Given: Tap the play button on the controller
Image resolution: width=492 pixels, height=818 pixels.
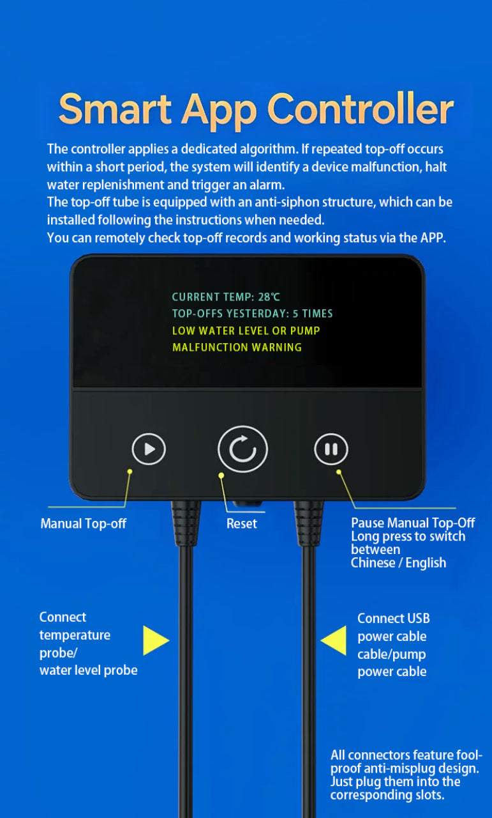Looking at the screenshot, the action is point(149,449).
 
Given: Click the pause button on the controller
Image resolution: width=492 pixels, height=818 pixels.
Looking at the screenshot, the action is point(331,449).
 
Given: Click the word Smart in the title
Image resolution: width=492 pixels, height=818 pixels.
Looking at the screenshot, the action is point(115,109).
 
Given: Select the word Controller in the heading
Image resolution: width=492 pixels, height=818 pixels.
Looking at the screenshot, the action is point(361,109).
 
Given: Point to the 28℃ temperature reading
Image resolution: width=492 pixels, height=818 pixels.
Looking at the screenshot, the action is point(269,297).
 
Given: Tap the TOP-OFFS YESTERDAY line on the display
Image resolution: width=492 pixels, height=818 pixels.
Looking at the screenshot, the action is point(253,314).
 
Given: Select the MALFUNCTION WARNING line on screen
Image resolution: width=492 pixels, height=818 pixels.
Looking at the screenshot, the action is point(237,347).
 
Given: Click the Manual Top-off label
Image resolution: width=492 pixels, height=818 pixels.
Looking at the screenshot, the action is point(83,523).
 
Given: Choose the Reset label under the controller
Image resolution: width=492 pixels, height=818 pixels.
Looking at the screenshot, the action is point(241,523).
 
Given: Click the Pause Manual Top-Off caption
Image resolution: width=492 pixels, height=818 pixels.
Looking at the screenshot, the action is point(413,523).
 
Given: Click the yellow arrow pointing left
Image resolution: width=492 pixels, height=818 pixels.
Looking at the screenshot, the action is point(333,640).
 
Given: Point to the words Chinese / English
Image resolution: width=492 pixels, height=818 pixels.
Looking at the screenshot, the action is point(398,563).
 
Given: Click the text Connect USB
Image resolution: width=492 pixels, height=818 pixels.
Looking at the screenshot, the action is point(394,618).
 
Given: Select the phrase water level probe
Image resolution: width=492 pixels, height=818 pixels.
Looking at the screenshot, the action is point(88,670).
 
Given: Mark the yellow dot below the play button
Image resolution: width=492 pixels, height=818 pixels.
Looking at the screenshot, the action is point(130,472).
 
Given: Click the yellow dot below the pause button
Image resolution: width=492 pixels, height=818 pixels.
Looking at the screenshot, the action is point(339,472).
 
